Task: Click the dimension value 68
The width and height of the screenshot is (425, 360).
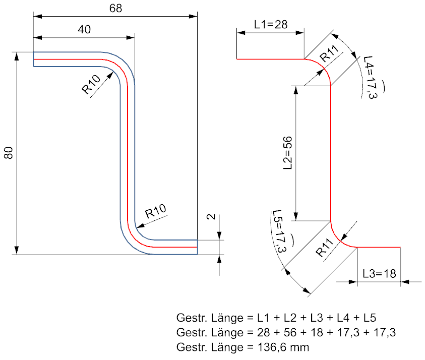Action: (x=115, y=9)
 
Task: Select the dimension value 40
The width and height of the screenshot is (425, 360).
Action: (x=84, y=30)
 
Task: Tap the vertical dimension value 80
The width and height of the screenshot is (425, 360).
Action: (x=9, y=153)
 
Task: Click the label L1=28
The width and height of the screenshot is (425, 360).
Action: (x=271, y=24)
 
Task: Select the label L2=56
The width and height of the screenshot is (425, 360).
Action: (x=287, y=153)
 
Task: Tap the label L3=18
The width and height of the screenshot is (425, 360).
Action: (x=379, y=274)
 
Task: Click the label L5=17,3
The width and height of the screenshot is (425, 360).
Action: (x=279, y=231)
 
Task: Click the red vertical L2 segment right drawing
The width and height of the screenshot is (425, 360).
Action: (x=330, y=153)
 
